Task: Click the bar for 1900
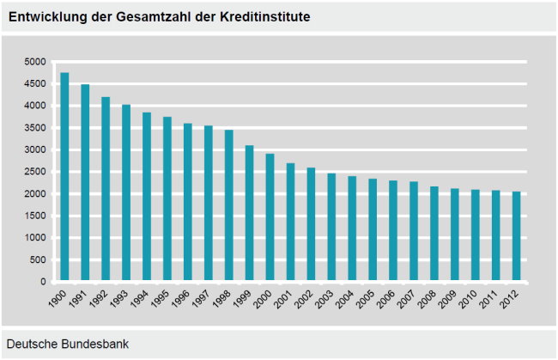tap(64, 177)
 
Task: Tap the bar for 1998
tap(229, 206)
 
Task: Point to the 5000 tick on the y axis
tap(35, 62)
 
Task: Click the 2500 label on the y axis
tap(35, 172)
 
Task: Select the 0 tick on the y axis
tap(42, 282)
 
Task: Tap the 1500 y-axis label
tap(35, 216)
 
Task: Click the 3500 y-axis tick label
tap(35, 128)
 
